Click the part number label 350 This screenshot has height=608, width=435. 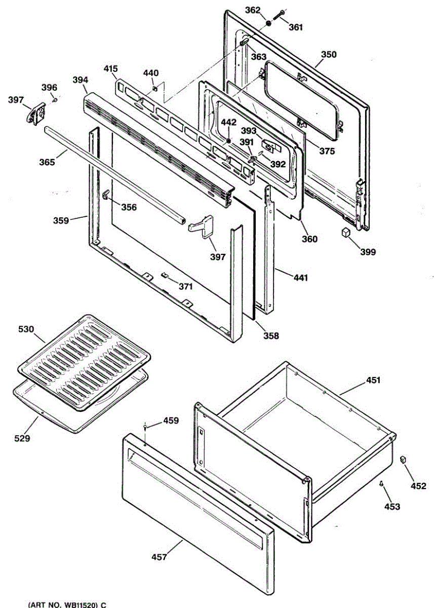coord(329,55)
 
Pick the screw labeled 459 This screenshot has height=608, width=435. coord(146,427)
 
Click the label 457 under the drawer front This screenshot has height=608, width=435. coord(159,557)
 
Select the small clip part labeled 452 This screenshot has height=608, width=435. coord(403,459)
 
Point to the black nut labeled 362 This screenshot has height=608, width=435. coord(268,23)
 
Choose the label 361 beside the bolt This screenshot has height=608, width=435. coord(295,27)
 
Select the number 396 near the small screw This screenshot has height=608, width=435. coord(49,88)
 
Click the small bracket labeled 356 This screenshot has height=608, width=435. coord(106,195)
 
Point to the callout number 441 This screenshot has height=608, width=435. coord(300,278)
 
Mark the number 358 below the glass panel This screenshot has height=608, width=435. coord(270,335)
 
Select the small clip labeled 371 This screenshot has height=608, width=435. coord(164,275)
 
